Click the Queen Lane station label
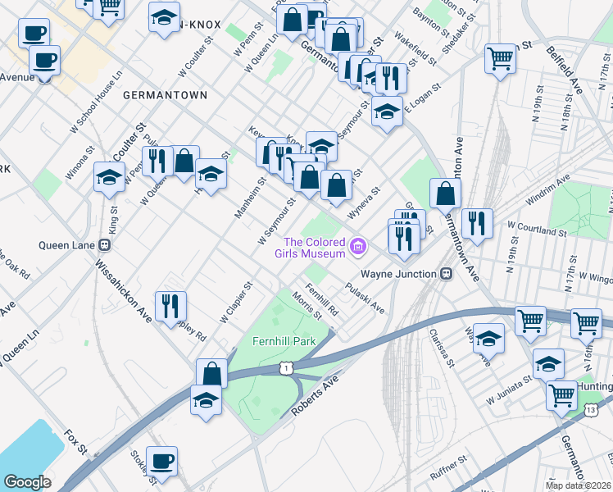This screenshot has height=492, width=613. pos(70,244)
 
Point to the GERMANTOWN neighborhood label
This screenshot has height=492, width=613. pos(165,95)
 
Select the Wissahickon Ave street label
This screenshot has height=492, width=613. pos(123,290)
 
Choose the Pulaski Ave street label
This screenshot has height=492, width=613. pos(365,298)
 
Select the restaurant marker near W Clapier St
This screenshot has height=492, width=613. pos(170,305)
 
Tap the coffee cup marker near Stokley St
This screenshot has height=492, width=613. pos(161,460)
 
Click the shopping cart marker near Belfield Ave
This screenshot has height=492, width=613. pos(500,58)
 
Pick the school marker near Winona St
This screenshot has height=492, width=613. pos(109,176)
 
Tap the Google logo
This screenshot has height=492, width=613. pos(27,482)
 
